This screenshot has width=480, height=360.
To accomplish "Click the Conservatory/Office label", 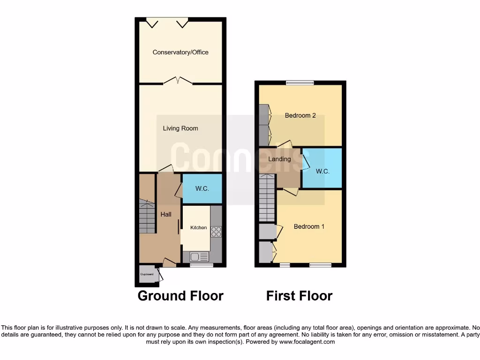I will pyautogui.click(x=180, y=52).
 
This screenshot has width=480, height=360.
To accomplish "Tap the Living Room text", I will pyautogui.click(x=180, y=128).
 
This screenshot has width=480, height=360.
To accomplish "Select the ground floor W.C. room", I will pyautogui.click(x=202, y=188).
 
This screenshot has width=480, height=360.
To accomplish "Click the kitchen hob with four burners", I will pyautogui.click(x=217, y=231).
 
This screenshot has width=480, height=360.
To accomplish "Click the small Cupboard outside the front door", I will pyautogui.click(x=147, y=274).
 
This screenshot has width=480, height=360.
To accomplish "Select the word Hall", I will pyautogui.click(x=166, y=214).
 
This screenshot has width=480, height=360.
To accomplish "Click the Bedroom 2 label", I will pyautogui.click(x=300, y=115).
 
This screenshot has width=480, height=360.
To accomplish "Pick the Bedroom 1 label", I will pyautogui.click(x=309, y=226).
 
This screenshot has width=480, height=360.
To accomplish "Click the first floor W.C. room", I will pyautogui.click(x=322, y=172).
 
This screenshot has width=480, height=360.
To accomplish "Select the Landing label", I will pyautogui.click(x=279, y=159).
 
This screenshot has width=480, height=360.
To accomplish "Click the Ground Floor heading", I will pyautogui.click(x=180, y=296).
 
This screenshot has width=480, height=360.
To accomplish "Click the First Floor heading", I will pyautogui.click(x=299, y=296).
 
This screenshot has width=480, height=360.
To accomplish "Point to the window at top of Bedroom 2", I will pyautogui.click(x=300, y=83).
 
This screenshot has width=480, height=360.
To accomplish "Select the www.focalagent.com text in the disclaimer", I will pyautogui.click(x=307, y=342).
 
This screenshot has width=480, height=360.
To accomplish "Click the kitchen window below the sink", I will pyautogui.click(x=202, y=265).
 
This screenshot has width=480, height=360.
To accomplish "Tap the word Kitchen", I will pyautogui.click(x=198, y=227).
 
